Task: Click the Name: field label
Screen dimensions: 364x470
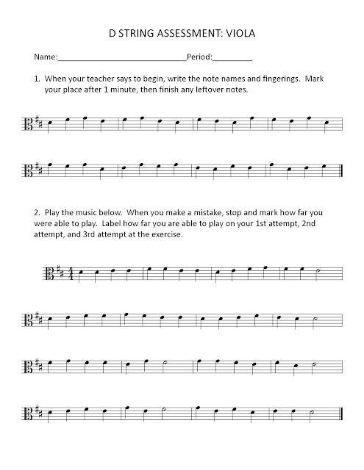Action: [x=44, y=57]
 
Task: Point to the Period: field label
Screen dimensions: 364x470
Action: [x=199, y=57]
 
